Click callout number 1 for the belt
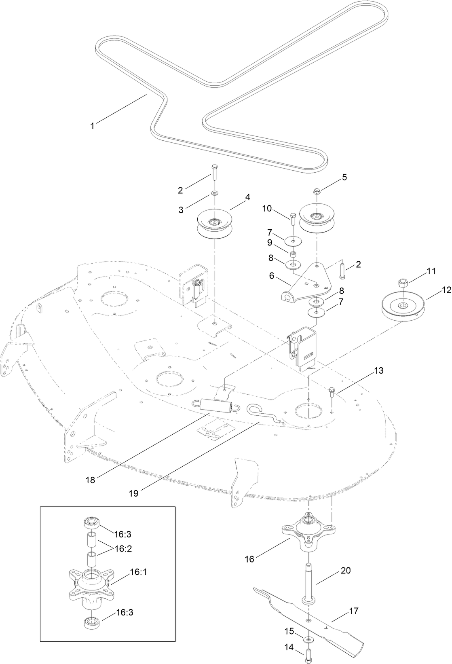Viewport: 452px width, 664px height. point(92,126)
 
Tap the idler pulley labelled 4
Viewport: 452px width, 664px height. point(214,224)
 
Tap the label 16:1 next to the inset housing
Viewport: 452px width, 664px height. point(138,572)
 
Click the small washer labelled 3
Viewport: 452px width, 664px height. point(214,192)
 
